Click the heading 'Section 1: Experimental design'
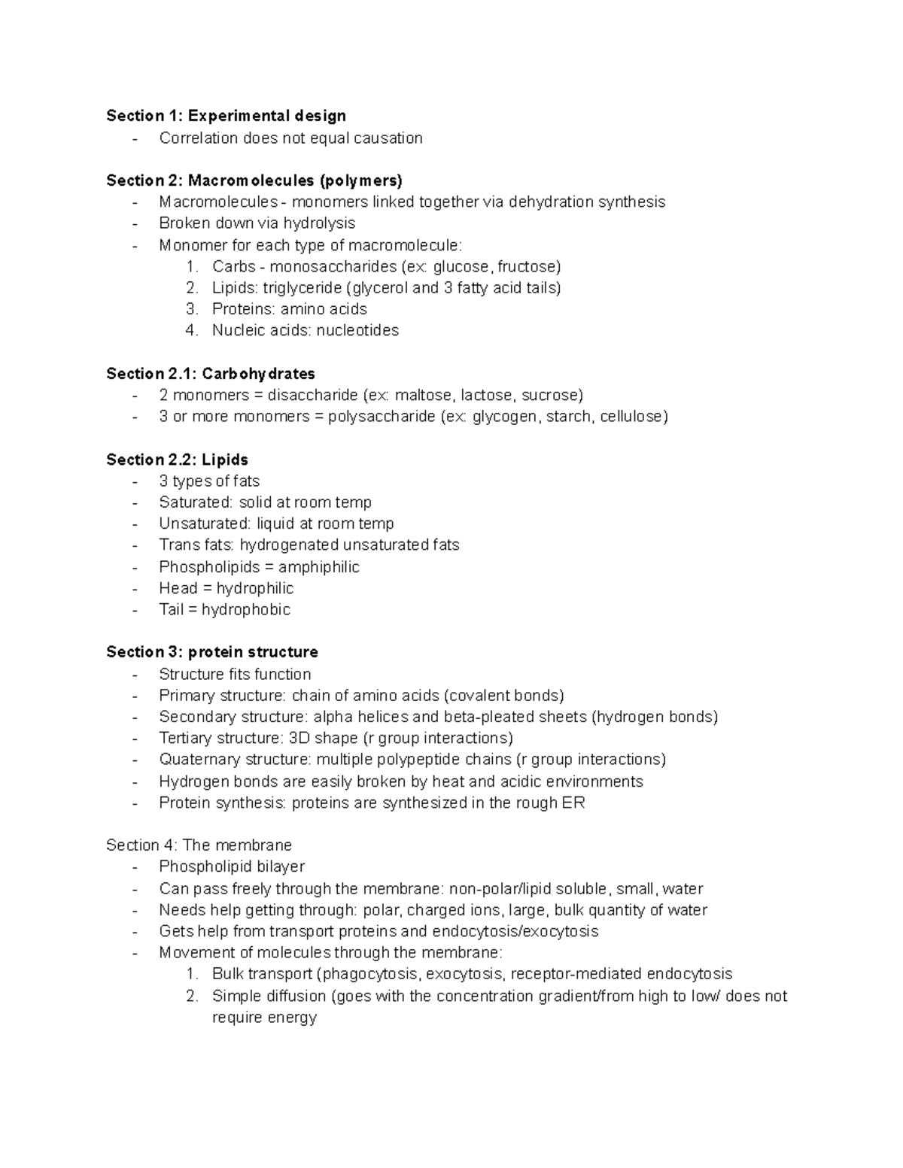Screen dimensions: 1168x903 pyautogui.click(x=226, y=116)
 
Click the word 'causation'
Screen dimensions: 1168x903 pyautogui.click(x=387, y=138)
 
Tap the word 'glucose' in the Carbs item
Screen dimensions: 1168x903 pyautogui.click(x=464, y=266)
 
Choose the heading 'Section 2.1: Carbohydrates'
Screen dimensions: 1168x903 pyautogui.click(x=211, y=374)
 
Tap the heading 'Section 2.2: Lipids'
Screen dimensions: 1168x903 pyautogui.click(x=177, y=460)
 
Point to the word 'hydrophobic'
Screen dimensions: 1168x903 pyautogui.click(x=246, y=609)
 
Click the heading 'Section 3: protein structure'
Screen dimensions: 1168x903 pyautogui.click(x=212, y=652)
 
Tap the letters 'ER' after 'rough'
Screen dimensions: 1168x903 pyautogui.click(x=573, y=802)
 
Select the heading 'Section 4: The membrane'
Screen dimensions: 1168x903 pyautogui.click(x=199, y=845)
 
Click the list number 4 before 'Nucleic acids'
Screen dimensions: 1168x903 pyautogui.click(x=191, y=330)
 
